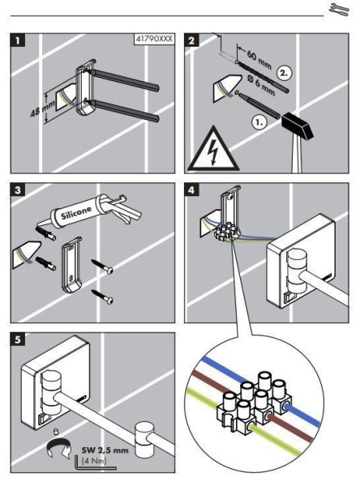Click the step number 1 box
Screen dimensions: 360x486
coord(18,40)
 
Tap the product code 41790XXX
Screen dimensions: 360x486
coord(154,40)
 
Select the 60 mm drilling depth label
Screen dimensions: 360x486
coord(259,59)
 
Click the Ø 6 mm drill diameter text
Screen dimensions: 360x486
coord(262,84)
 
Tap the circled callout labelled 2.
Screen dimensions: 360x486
coord(284,73)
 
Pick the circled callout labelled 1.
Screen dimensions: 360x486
coord(259,122)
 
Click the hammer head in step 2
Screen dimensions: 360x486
coord(298,126)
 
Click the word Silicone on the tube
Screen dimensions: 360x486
coord(76,212)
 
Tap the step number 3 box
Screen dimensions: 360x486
coord(18,190)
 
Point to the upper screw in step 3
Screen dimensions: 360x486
coord(102,266)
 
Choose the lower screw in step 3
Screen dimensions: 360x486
coord(102,296)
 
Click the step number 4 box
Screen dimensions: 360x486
coord(191,190)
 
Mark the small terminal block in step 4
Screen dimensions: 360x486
coord(226,232)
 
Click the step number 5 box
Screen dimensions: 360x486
coord(18,339)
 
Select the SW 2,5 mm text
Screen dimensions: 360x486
coord(105,450)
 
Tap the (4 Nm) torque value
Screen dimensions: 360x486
coord(95,461)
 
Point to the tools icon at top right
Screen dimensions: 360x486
coord(339,9)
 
